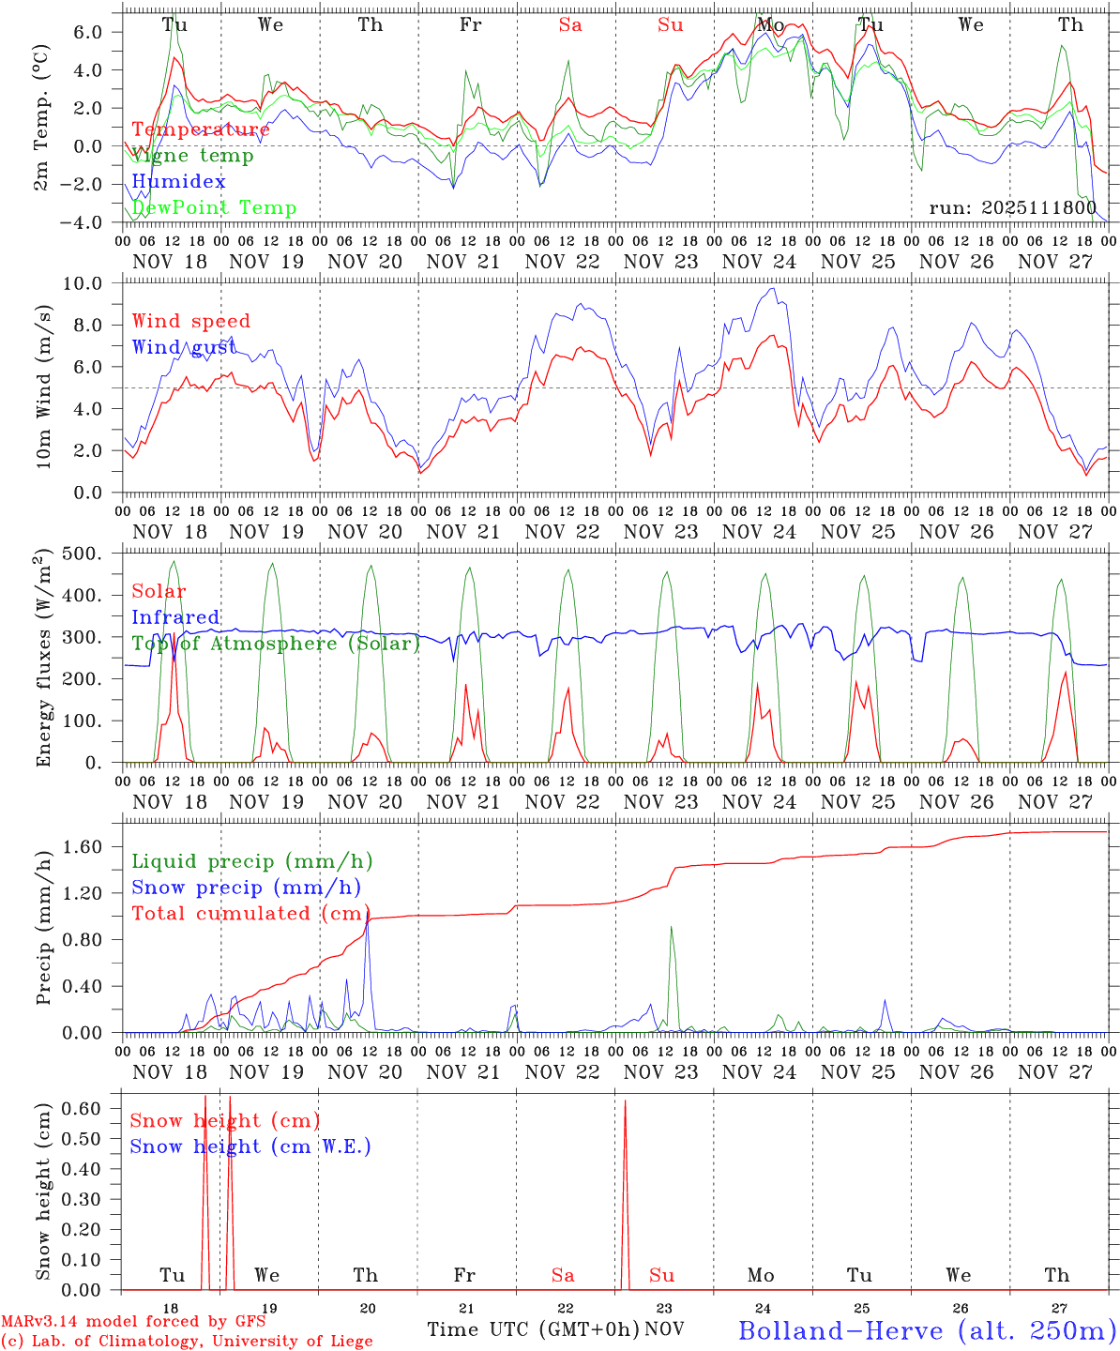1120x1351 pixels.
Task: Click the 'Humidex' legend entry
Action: coord(178,182)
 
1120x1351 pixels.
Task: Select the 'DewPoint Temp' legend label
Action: coord(214,207)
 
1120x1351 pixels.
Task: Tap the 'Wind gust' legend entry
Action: coord(184,347)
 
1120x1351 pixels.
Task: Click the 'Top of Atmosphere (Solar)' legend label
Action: coord(275,644)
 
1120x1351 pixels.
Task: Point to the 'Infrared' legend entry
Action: coord(175,617)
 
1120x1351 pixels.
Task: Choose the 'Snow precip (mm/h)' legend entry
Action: coord(246,888)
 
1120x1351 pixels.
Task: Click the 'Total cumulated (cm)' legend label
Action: coord(250,913)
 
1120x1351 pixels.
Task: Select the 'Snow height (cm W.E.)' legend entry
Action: coord(250,1146)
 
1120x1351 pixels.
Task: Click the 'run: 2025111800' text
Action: coord(1012,207)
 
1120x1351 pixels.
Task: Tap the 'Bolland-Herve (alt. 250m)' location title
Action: coord(926,1329)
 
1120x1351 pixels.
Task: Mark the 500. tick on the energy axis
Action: coord(94,554)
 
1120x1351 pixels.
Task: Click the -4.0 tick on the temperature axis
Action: coord(91,222)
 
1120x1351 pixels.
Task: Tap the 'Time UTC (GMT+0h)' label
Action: coord(533,1329)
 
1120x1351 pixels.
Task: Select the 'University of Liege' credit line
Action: coord(187,1341)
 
